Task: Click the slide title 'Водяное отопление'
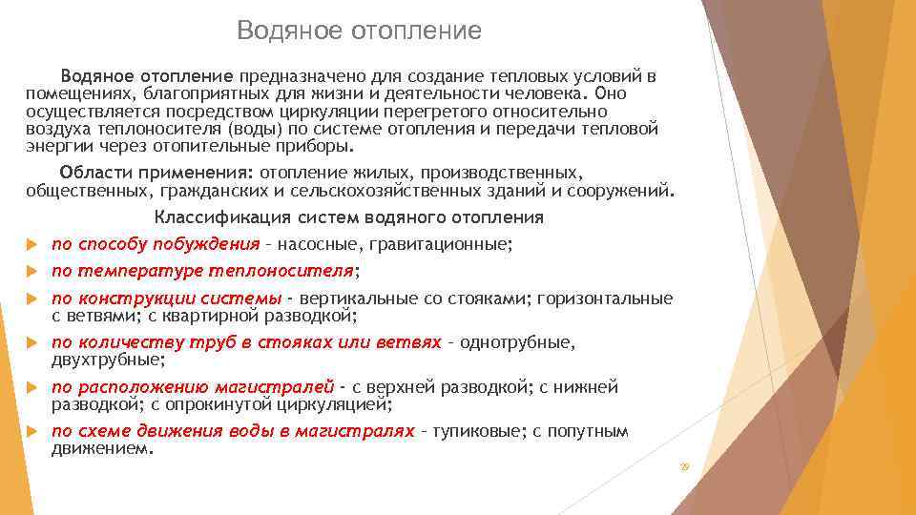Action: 359,31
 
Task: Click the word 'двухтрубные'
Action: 107,360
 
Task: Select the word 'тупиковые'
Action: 477,431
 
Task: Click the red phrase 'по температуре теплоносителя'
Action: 202,271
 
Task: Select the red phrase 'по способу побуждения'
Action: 156,244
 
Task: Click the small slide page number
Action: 683,465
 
